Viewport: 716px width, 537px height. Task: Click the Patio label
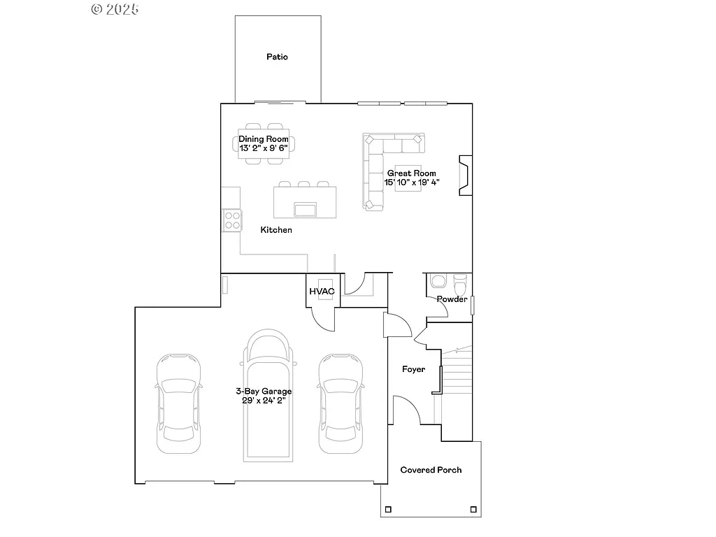tap(277, 57)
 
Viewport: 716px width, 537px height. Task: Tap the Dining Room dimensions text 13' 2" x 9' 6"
tap(264, 148)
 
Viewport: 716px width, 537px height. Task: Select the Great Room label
tap(412, 173)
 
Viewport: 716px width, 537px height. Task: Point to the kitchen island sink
tap(306, 210)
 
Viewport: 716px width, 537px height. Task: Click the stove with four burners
tap(232, 220)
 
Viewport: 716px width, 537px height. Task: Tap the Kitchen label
tap(276, 230)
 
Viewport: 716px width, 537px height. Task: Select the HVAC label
tap(322, 291)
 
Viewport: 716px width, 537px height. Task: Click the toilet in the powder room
tap(460, 285)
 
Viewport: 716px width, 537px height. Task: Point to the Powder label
tap(452, 299)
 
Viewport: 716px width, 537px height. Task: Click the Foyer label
tap(413, 369)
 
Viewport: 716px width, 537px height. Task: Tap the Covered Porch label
tap(431, 470)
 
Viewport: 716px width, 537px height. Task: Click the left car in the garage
tap(178, 402)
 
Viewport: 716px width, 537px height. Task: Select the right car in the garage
tap(341, 402)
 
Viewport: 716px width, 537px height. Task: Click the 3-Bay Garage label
tap(264, 392)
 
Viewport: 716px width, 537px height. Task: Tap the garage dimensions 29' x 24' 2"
tap(264, 401)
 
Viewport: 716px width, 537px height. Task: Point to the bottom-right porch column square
tap(473, 508)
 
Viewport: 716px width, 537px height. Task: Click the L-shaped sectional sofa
tap(381, 157)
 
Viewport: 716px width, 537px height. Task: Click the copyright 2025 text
tap(115, 9)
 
